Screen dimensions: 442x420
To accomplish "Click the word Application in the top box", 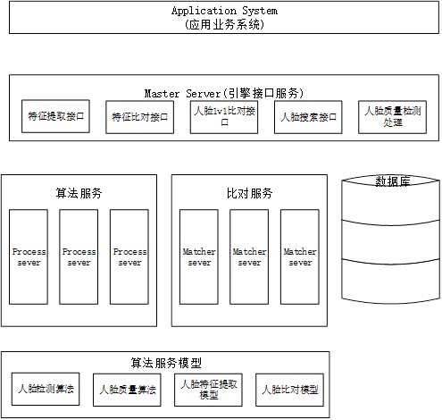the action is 204,11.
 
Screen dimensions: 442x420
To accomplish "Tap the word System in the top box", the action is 260,11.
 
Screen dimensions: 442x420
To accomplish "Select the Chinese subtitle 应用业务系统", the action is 224,24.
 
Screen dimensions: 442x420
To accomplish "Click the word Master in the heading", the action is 162,94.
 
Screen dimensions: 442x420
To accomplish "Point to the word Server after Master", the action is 203,94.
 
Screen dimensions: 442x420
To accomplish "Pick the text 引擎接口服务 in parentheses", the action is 263,93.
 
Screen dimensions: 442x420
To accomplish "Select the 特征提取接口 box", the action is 55,116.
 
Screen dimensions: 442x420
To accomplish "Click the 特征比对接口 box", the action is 139,117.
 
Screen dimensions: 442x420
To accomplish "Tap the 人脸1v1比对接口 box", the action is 224,117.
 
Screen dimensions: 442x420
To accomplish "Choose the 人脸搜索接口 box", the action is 308,117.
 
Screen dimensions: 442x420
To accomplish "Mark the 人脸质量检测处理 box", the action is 392,117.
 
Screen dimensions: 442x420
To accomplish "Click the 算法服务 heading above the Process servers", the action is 79,193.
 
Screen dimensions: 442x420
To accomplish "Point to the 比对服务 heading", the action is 249,193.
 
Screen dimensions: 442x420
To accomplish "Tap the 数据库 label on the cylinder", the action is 392,181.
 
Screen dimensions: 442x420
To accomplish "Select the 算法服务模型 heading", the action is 166,363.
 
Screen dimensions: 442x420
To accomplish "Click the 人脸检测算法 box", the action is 46,389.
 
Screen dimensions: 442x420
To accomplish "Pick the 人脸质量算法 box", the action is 127,390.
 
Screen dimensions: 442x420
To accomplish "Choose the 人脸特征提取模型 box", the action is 208,390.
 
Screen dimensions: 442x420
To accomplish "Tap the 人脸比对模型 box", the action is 290,390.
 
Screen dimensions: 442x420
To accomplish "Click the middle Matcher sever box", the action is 249,256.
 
